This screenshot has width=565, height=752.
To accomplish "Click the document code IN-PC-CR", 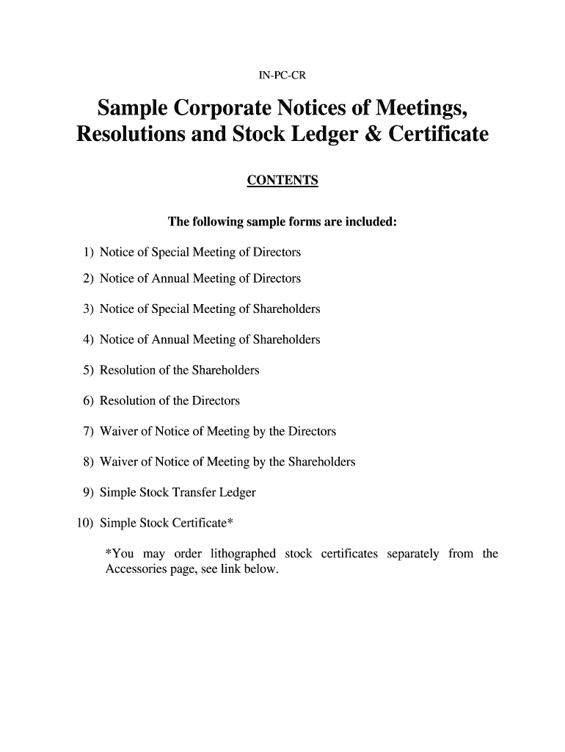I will point(282,74).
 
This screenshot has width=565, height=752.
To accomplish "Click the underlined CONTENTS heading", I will point(282,181).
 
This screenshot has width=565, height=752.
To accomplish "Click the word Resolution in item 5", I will point(125,371).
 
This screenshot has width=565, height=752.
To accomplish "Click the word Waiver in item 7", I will point(117,432).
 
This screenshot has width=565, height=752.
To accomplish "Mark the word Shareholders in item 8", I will point(321,462).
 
